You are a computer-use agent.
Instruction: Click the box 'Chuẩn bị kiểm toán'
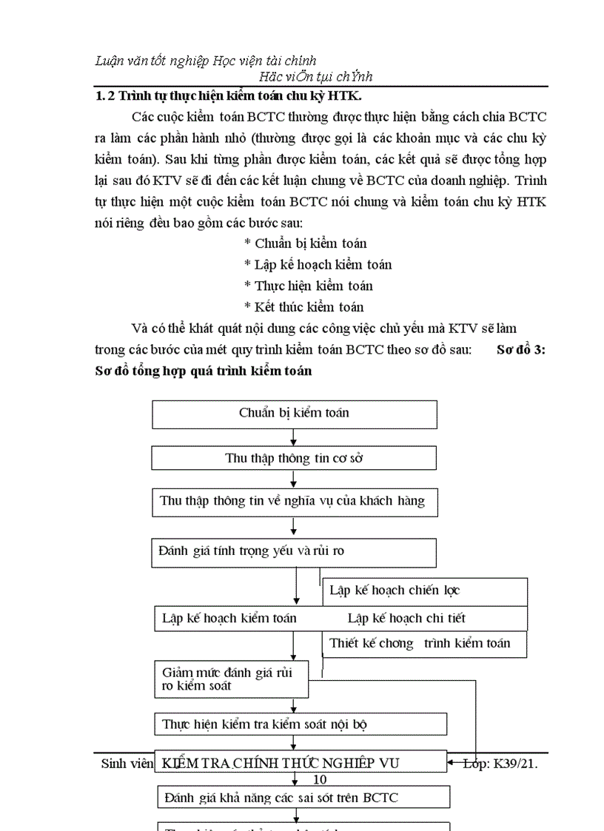(x=294, y=414)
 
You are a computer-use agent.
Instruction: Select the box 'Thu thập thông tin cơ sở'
(x=294, y=459)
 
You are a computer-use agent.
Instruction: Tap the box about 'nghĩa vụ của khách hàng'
(x=294, y=502)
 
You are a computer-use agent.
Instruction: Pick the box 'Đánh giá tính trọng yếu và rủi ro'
(x=294, y=551)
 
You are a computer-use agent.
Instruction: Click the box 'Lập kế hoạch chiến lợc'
(x=424, y=591)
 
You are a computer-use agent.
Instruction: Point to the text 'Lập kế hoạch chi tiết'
(x=406, y=619)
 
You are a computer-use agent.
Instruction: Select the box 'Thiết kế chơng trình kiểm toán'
(x=424, y=643)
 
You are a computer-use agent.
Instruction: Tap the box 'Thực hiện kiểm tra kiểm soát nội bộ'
(x=300, y=724)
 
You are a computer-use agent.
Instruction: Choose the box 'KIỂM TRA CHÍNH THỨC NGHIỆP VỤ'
(x=300, y=763)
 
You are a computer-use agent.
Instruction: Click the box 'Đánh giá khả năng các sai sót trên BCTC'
(x=303, y=797)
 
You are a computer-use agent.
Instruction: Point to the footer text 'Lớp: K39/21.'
(x=500, y=764)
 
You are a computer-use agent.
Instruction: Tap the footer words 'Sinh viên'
(x=126, y=764)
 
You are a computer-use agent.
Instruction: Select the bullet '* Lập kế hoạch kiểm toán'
(x=318, y=264)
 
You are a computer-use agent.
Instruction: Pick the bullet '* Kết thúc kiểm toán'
(x=303, y=307)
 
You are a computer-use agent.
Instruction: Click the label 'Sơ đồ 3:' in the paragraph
(x=520, y=350)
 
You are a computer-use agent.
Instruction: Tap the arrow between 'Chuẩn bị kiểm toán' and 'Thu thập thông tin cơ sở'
(x=294, y=437)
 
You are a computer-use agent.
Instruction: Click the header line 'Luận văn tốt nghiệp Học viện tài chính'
(x=207, y=61)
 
